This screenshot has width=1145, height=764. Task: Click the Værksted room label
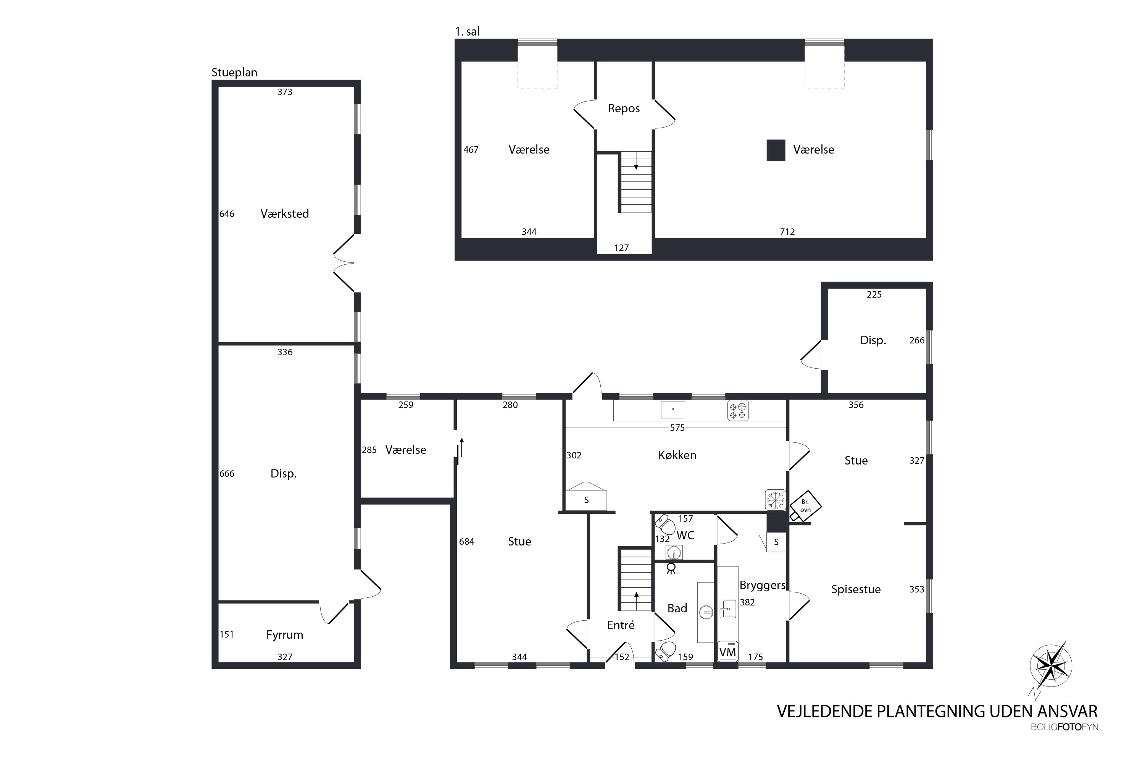pyautogui.click(x=285, y=214)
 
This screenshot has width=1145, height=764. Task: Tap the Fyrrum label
pyautogui.click(x=285, y=635)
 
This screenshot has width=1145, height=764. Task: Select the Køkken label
pyautogui.click(x=677, y=455)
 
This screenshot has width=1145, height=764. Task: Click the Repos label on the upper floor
pyautogui.click(x=624, y=108)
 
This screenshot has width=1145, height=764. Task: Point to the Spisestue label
pyautogui.click(x=856, y=589)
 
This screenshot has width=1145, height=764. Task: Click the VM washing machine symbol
pyautogui.click(x=728, y=651)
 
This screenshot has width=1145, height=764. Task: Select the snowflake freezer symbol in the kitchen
pyautogui.click(x=776, y=500)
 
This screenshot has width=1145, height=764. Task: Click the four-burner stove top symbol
pyautogui.click(x=738, y=411)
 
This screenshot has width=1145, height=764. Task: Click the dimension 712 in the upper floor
pyautogui.click(x=787, y=232)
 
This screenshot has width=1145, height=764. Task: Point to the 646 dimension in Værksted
pyautogui.click(x=227, y=214)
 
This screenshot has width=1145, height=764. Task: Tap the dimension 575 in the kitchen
pyautogui.click(x=677, y=428)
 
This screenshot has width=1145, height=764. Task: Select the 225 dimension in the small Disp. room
pyautogui.click(x=874, y=294)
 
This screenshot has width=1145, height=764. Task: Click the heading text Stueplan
pyautogui.click(x=234, y=73)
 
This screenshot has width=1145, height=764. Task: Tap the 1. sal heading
pyautogui.click(x=467, y=32)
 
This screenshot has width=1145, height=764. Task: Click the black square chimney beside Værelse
pyautogui.click(x=776, y=151)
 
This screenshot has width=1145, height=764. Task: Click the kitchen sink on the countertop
pyautogui.click(x=673, y=410)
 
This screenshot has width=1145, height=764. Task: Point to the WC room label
pyautogui.click(x=685, y=536)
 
